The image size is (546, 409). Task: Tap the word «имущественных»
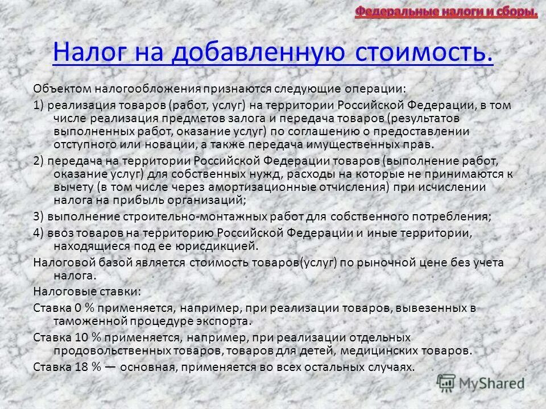point(337,144)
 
